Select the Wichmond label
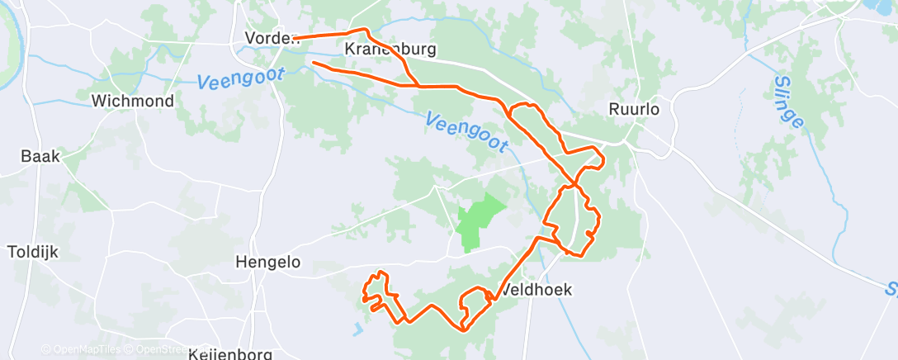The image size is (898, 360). (133, 102)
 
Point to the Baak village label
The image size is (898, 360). (41, 156)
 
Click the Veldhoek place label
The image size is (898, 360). (536, 290)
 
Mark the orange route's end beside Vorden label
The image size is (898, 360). (295, 38)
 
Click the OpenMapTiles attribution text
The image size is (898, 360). (81, 349)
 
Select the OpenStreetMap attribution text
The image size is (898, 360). (161, 349)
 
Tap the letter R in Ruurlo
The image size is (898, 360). (613, 109)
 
